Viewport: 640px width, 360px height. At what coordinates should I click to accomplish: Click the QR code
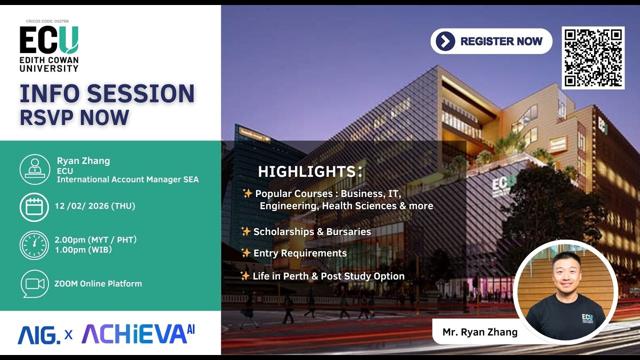click(x=593, y=58)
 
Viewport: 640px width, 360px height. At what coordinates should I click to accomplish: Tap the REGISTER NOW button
click(x=491, y=41)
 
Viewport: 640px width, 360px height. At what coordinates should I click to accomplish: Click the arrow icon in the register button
click(x=445, y=41)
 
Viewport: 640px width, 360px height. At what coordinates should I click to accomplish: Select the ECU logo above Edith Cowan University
click(x=49, y=40)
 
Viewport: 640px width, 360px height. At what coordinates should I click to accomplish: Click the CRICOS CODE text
click(x=47, y=21)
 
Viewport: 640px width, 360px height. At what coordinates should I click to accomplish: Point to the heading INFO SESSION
click(x=107, y=94)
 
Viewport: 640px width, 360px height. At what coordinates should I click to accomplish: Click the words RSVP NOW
click(x=74, y=117)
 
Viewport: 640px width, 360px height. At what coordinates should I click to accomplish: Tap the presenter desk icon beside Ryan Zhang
click(x=34, y=169)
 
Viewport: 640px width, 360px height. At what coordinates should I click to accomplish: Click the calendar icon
click(x=34, y=206)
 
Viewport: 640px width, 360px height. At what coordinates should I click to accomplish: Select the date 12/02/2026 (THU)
click(x=95, y=206)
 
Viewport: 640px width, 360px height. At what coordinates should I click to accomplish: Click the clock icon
click(x=34, y=245)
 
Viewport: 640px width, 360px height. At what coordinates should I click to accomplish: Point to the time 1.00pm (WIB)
click(x=83, y=249)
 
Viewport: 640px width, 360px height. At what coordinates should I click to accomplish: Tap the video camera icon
click(x=34, y=284)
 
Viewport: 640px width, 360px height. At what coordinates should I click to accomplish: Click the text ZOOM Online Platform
click(x=98, y=283)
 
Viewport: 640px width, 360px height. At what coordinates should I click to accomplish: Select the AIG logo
click(x=38, y=335)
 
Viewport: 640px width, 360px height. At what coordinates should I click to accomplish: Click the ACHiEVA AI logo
click(x=138, y=334)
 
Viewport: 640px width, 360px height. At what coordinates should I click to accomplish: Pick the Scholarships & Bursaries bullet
click(x=311, y=231)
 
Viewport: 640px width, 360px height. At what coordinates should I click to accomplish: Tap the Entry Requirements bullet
click(x=299, y=253)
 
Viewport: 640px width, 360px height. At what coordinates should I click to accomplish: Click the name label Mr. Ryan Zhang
click(x=480, y=332)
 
